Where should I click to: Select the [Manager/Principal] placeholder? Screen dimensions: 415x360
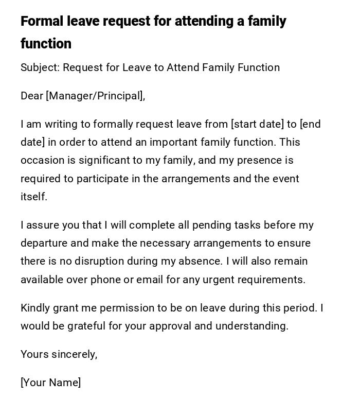click(x=95, y=96)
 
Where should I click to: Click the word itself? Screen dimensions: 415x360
click(x=33, y=197)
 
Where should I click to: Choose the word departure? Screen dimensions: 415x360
click(x=43, y=243)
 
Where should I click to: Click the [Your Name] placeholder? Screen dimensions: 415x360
click(x=50, y=383)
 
